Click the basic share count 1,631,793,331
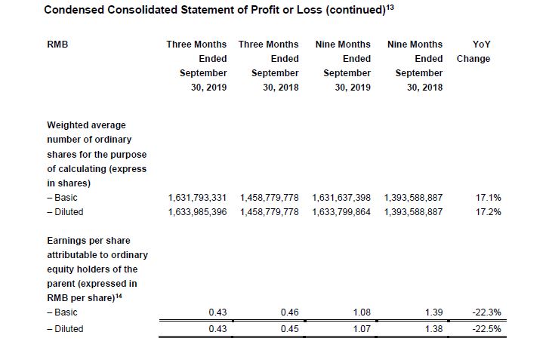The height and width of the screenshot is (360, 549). click(x=196, y=198)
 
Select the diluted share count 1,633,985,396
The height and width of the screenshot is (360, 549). click(x=196, y=212)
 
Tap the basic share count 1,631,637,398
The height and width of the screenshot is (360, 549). click(x=341, y=198)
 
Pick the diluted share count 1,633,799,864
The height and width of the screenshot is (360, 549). click(x=341, y=212)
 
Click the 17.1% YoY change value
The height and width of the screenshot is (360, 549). click(x=489, y=198)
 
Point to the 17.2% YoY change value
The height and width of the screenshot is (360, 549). click(x=489, y=212)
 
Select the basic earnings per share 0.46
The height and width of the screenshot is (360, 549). click(x=289, y=312)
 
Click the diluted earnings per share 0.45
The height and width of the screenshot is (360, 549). click(x=289, y=329)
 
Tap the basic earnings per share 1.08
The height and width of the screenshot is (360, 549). click(x=361, y=312)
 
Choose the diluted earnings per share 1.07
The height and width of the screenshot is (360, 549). click(x=361, y=329)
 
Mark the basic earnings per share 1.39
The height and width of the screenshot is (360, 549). click(x=433, y=312)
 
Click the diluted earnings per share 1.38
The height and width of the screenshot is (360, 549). click(x=433, y=329)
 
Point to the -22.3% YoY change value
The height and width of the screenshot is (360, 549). click(x=487, y=312)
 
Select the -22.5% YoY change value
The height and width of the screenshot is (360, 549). click(x=487, y=329)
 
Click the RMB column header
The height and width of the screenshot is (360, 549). click(x=57, y=45)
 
